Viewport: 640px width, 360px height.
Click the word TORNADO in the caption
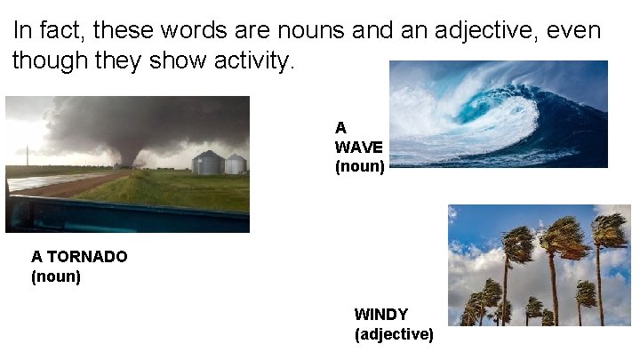pos(86,257)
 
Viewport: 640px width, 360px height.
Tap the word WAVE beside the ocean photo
pos(358,147)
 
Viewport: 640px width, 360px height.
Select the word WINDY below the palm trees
pos(381,315)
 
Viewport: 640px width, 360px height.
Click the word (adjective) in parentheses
pos(394,335)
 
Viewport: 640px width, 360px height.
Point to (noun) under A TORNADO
pos(56,277)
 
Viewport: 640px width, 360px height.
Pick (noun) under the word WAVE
pos(359,166)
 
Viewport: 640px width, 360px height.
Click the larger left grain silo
pos(207,163)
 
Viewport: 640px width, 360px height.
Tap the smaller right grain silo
pos(235,164)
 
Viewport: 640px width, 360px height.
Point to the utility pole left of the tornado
pos(28,155)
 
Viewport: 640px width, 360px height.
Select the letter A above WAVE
pos(340,128)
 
